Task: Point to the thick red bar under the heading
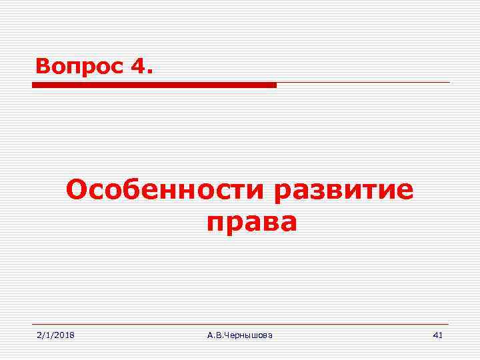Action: [x=154, y=85]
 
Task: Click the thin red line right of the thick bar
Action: [x=363, y=83]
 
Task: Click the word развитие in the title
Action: [x=344, y=192]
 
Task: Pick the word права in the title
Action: [x=251, y=223]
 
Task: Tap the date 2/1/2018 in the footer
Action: [x=55, y=335]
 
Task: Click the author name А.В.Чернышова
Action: [x=239, y=335]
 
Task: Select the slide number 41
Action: [x=437, y=335]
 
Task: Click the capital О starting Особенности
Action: [x=77, y=191]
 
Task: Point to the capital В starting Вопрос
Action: [x=43, y=66]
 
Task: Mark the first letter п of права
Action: [x=216, y=224]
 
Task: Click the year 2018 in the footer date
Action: [x=64, y=335]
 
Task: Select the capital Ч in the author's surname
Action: [x=227, y=335]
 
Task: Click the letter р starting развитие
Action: [x=283, y=193]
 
